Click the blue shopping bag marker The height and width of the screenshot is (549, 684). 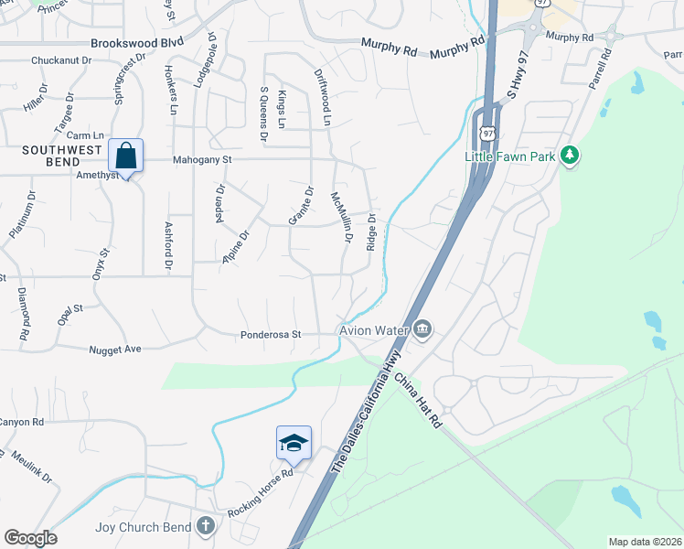(126, 156)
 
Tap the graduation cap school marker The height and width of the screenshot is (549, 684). (294, 444)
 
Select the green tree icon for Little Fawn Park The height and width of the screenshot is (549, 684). (571, 156)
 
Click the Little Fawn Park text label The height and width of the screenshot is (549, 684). (509, 156)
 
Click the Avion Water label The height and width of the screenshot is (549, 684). (374, 329)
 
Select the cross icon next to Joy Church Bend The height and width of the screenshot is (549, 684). (207, 527)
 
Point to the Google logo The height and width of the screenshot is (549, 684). (30, 538)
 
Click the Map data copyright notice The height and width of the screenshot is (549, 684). (644, 542)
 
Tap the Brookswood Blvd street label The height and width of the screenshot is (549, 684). (137, 42)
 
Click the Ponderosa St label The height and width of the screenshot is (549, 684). (271, 335)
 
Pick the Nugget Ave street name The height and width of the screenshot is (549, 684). (116, 349)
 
